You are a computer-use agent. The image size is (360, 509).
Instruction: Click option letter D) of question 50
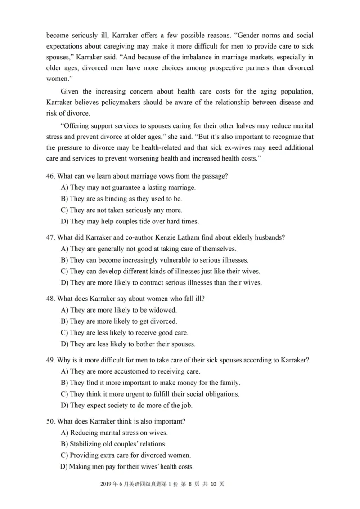click(x=64, y=467)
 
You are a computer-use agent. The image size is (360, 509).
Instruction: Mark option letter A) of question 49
click(x=64, y=371)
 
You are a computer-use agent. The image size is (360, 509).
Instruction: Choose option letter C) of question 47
click(x=64, y=271)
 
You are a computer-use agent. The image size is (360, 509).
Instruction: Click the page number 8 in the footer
click(x=190, y=484)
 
